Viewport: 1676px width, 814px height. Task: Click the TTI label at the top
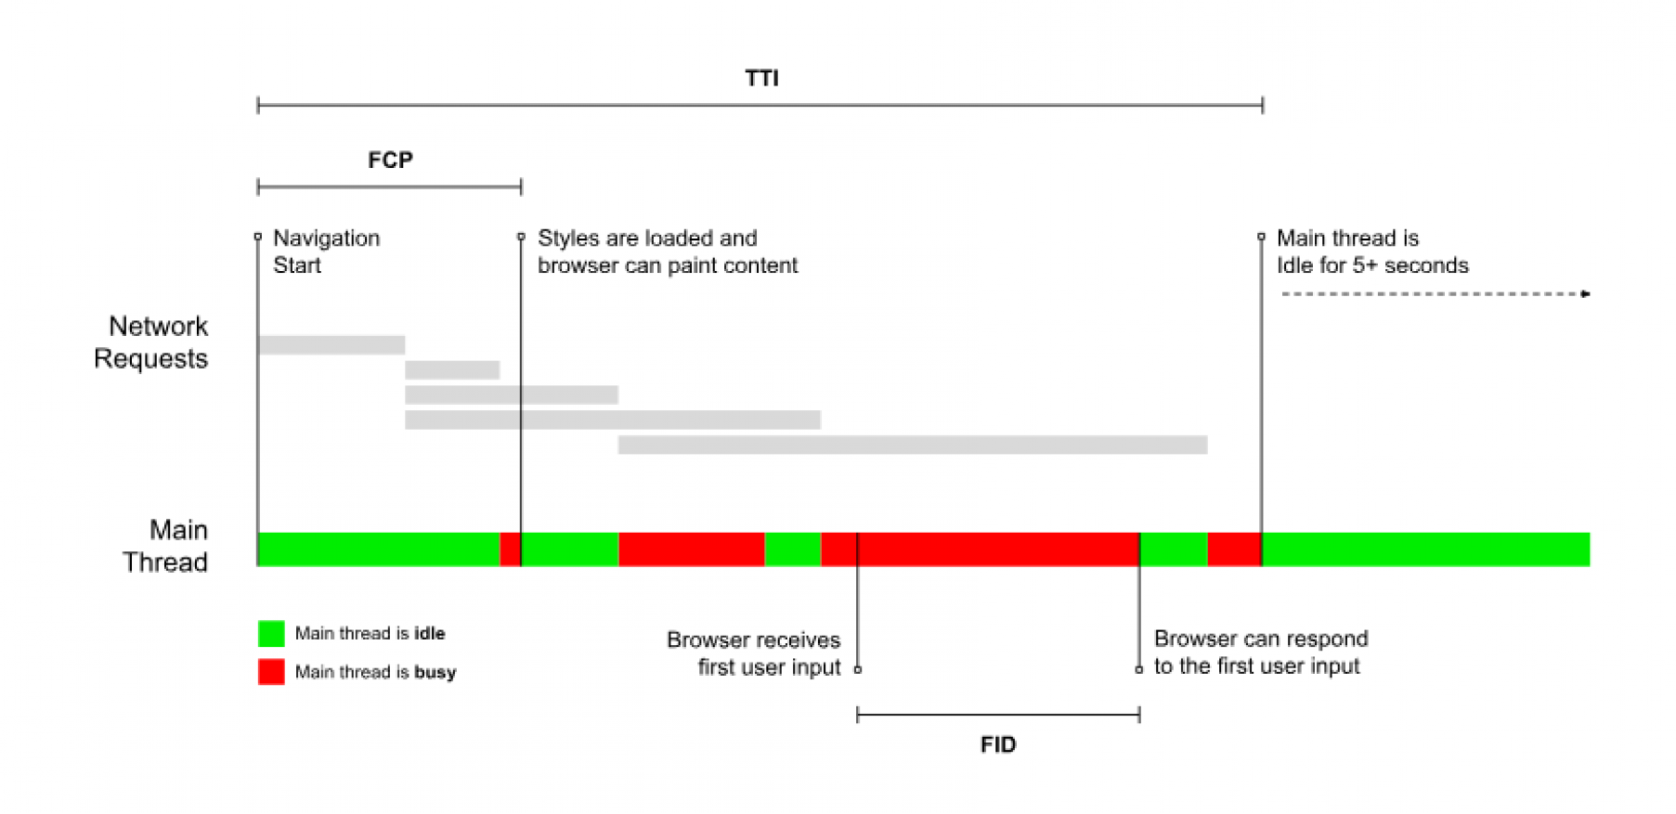[x=761, y=78]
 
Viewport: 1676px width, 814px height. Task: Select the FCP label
[x=390, y=160]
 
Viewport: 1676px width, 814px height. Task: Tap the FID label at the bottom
[x=998, y=744]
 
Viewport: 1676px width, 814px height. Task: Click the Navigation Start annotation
[x=326, y=252]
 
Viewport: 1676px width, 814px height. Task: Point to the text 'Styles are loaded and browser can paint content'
[x=668, y=252]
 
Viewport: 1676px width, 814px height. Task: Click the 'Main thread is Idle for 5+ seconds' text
[x=1372, y=252]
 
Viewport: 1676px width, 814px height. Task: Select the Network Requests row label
[x=150, y=342]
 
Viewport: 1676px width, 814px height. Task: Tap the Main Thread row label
[x=165, y=546]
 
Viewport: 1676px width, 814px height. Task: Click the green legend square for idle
[x=271, y=634]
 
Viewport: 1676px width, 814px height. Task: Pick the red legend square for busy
[x=271, y=672]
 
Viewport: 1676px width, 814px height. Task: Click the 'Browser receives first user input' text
[x=753, y=653]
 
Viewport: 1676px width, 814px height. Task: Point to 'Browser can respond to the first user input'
[x=1261, y=652]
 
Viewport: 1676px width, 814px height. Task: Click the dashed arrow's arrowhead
[x=1586, y=294]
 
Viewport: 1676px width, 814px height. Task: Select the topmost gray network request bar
[x=331, y=345]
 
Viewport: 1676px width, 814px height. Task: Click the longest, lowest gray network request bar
[x=913, y=445]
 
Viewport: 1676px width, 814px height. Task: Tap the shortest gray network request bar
[x=452, y=370]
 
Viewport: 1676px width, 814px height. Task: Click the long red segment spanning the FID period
[x=981, y=549]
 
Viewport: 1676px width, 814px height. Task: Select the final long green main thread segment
[x=1426, y=549]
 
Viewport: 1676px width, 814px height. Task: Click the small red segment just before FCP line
[x=510, y=549]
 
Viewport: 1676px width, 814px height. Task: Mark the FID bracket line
[x=998, y=715]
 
